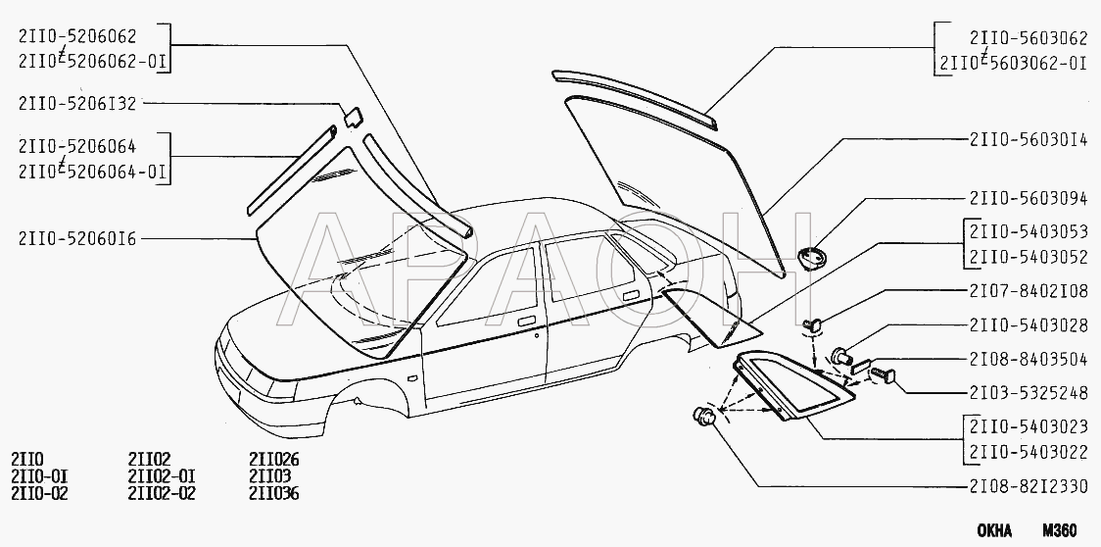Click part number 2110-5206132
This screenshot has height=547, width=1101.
click(x=77, y=104)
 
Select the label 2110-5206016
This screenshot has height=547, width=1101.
click(x=77, y=239)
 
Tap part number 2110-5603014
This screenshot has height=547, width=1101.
click(x=1029, y=140)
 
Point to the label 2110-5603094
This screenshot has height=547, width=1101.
click(x=1029, y=199)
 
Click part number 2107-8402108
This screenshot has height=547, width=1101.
click(x=1029, y=289)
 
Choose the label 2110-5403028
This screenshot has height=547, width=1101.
click(x=1029, y=324)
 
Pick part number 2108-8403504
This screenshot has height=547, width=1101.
click(x=1029, y=360)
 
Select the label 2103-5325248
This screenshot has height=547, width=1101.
click(x=1029, y=393)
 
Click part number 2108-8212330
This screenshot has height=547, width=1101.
click(x=1029, y=486)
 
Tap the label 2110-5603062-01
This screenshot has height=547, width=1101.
click(x=1014, y=64)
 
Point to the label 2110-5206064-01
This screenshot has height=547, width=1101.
click(x=93, y=172)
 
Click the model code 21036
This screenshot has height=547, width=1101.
click(x=274, y=493)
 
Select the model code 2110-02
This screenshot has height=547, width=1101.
click(x=39, y=493)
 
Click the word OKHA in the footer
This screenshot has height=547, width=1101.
click(x=994, y=530)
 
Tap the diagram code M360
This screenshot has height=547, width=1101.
click(x=1059, y=530)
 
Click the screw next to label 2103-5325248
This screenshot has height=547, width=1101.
click(x=883, y=374)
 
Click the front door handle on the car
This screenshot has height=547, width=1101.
click(x=526, y=321)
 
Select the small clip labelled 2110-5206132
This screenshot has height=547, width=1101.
click(x=353, y=117)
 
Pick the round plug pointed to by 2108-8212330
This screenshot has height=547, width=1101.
click(x=704, y=416)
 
